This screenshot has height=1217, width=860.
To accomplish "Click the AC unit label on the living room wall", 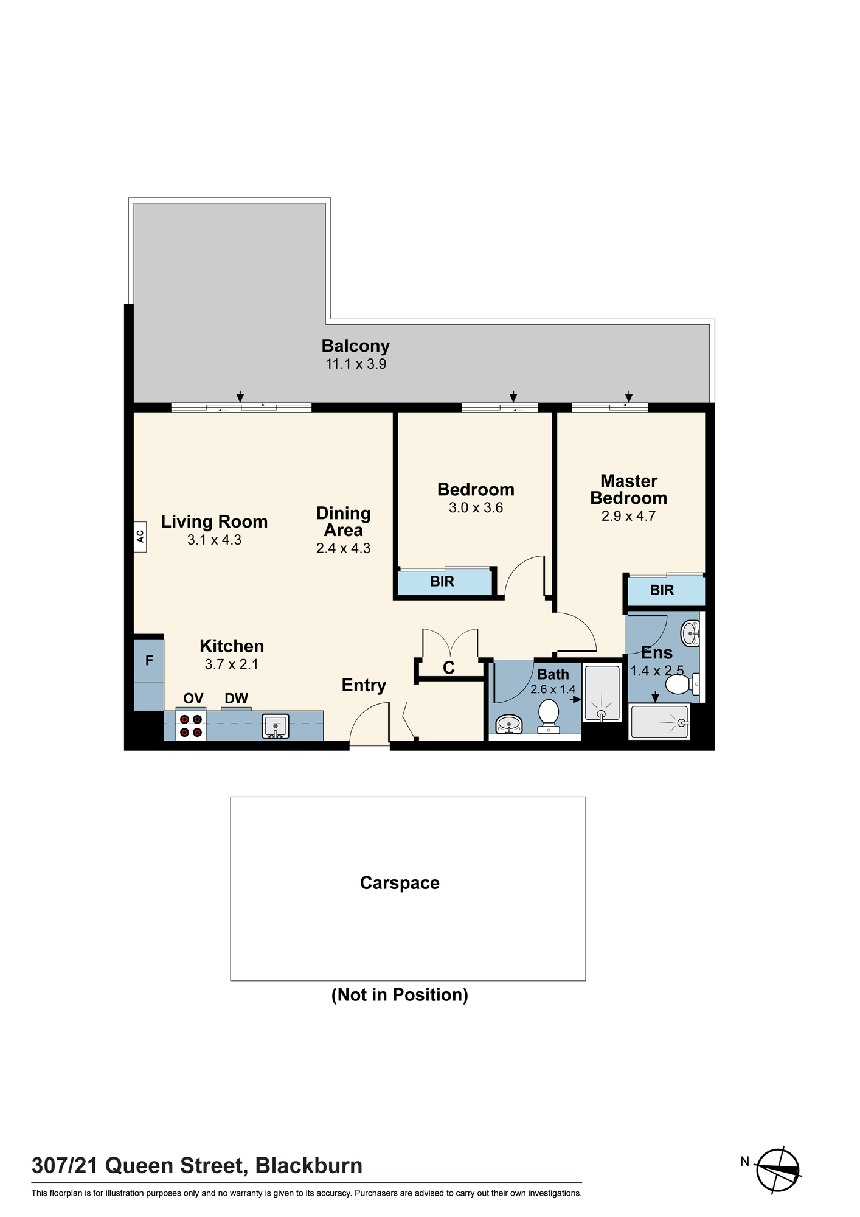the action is (x=140, y=536).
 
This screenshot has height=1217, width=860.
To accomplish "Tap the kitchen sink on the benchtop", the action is (x=276, y=726).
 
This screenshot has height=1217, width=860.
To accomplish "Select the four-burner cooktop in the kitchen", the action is (x=191, y=725).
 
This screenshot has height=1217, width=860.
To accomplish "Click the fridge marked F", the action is (x=149, y=660).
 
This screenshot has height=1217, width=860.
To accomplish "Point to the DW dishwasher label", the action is (x=237, y=698).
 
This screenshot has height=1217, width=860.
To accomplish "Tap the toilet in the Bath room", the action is (x=549, y=716).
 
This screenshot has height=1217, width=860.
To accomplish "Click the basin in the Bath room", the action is (x=508, y=724).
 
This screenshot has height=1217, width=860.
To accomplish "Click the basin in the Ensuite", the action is (x=691, y=633).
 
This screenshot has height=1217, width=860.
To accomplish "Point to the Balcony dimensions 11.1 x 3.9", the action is (x=356, y=364).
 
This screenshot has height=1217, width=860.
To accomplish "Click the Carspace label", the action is (x=400, y=883).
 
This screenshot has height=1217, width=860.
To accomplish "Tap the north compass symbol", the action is (x=778, y=1170).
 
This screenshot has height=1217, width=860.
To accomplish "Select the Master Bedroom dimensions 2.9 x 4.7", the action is (x=628, y=516).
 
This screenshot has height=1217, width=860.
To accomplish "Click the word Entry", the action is (x=364, y=686).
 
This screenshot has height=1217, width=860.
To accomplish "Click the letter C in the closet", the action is (x=449, y=668).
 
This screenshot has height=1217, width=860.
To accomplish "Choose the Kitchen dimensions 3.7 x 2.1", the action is (x=232, y=664).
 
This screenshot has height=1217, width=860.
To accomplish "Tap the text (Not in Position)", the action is (x=400, y=995).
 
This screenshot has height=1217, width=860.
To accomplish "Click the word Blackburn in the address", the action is (x=309, y=1166).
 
